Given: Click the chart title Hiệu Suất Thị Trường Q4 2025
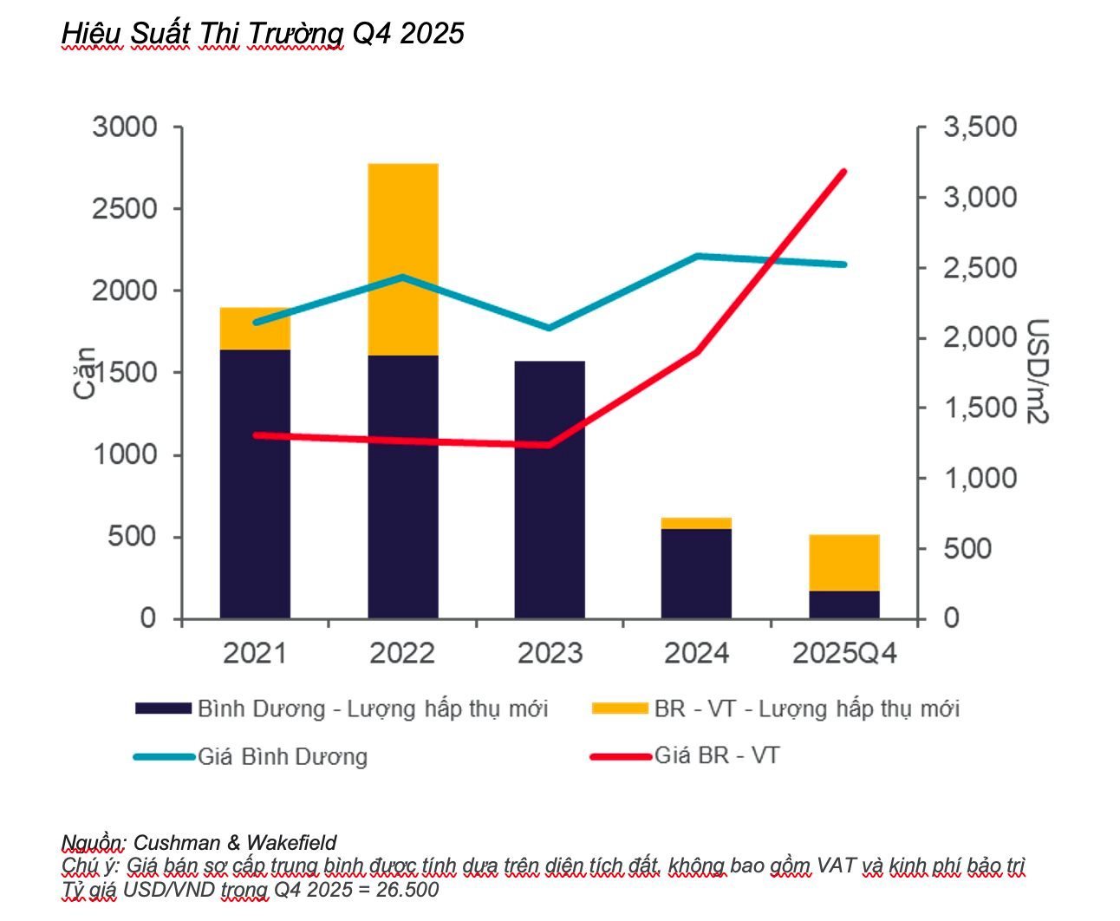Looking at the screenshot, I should tap(263, 33).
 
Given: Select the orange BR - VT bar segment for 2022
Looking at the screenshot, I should tap(403, 258).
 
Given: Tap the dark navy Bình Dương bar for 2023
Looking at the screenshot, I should tap(550, 489).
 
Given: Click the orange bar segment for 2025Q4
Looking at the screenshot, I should tap(844, 562).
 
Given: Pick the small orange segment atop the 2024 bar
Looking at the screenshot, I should tap(696, 523).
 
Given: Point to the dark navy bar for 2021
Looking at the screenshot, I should tap(255, 483).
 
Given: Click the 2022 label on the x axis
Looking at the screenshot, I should tap(402, 653).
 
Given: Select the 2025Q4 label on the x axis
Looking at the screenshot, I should tap(844, 653).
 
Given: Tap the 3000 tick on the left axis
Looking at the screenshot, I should tap(125, 127).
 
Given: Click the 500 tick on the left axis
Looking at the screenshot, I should tap(132, 537).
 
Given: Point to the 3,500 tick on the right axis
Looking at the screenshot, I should tap(980, 127).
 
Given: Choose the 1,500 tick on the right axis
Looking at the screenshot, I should tap(980, 408).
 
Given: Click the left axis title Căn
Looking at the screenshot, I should tap(84, 373).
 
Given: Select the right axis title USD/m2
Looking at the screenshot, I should tap(1038, 371).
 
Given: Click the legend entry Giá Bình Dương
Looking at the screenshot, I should tap(283, 757).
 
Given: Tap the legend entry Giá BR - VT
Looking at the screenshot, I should tap(716, 755).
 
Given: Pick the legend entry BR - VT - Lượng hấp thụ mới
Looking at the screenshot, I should tap(806, 709).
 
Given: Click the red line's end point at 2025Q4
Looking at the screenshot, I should tap(843, 172).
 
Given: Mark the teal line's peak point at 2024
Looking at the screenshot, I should tap(697, 256).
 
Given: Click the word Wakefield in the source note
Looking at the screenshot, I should tap(291, 842).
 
